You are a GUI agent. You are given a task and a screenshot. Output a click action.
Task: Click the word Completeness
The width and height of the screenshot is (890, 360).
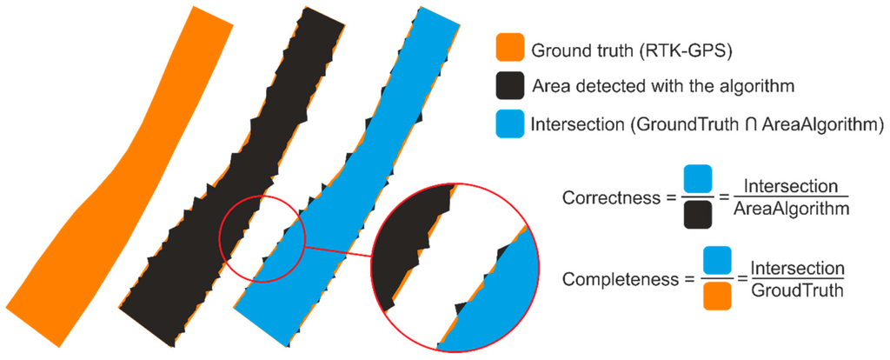[x=614, y=279]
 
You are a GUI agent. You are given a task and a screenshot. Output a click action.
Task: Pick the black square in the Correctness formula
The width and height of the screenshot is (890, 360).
[x=698, y=215]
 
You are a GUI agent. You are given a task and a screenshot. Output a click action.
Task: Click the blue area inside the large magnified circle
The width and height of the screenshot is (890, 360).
[x=495, y=296]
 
